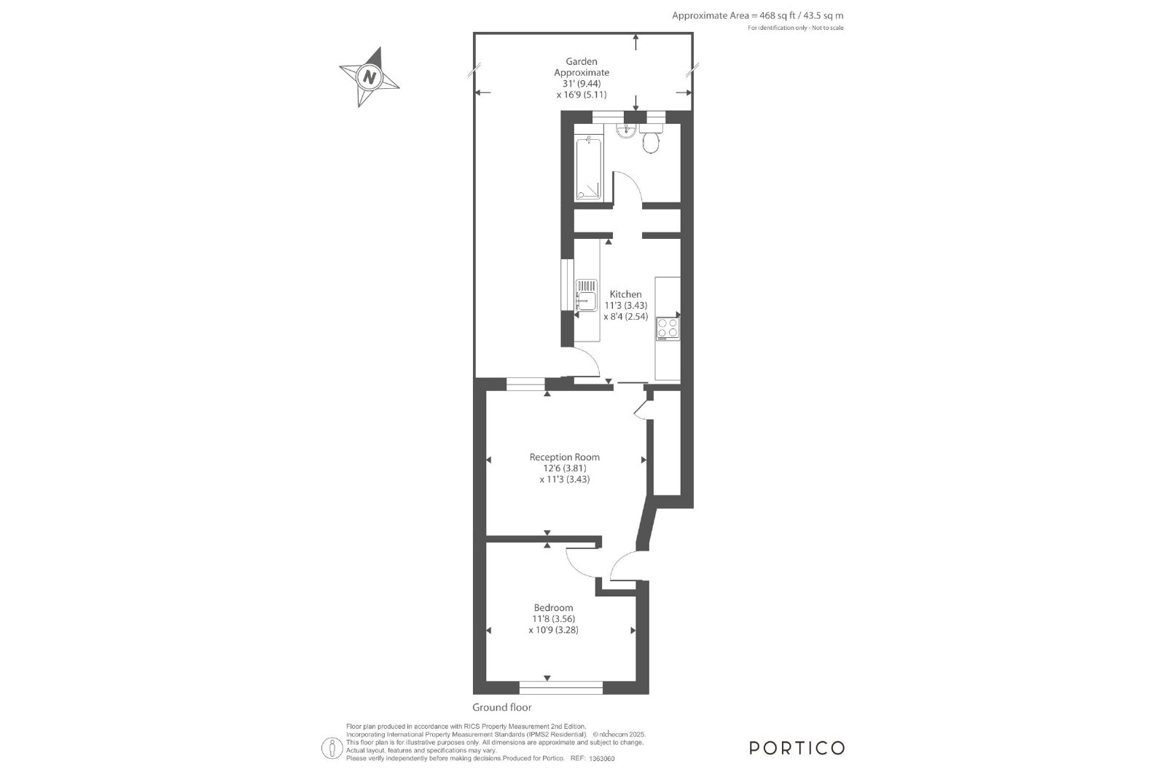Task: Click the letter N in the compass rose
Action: [x=369, y=77]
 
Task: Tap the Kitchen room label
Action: [x=626, y=294]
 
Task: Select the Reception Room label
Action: [x=565, y=457]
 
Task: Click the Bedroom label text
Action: [x=553, y=607]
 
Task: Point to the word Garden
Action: [x=582, y=61]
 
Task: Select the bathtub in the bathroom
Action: [x=588, y=170]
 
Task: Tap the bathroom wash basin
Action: [x=625, y=132]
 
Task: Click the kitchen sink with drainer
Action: [x=586, y=296]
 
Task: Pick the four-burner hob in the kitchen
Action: [x=668, y=328]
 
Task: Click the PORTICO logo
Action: [x=797, y=749]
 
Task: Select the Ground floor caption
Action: [x=502, y=707]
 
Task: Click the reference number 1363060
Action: [x=602, y=759]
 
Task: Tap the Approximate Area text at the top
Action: [x=757, y=15]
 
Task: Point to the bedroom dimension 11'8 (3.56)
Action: [x=553, y=619]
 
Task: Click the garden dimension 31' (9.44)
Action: [x=582, y=84]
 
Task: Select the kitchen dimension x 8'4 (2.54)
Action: [x=626, y=316]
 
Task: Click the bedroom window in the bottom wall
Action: [x=561, y=687]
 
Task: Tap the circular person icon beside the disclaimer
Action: [x=332, y=749]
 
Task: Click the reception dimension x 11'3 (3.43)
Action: [x=565, y=479]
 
